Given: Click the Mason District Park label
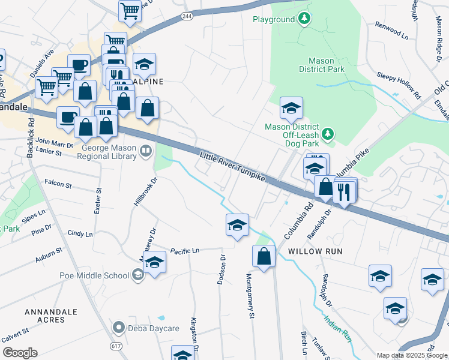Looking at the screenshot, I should pos(326,65).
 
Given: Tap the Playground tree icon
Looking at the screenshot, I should pos(305,19).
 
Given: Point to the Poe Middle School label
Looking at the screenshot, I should pos(94,275).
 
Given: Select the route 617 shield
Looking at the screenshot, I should pos(116,346).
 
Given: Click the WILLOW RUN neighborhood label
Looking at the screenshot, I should pos(315,251).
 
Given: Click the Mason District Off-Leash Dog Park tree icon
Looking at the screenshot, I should pos(328,134).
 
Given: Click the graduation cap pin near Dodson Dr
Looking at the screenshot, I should pos(237,225).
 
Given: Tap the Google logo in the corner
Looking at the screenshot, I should pos(20,352).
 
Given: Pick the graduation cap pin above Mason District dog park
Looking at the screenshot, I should pos(291,108).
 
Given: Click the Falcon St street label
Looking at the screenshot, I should pos(58,185).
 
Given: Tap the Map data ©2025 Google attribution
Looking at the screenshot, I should pos(412,355).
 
